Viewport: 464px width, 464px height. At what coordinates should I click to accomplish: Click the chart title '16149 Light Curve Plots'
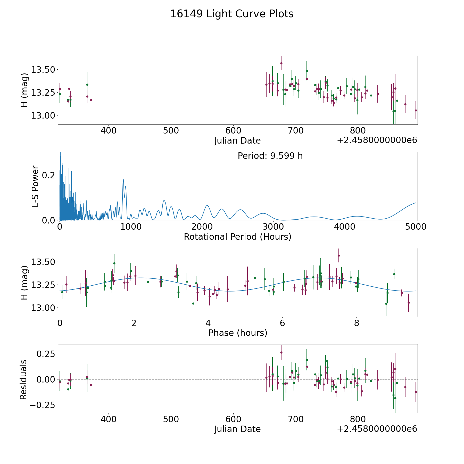coord(232,14)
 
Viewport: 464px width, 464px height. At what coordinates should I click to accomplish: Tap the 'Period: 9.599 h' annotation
coord(270,156)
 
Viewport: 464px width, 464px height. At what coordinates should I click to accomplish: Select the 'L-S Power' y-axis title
coord(35,186)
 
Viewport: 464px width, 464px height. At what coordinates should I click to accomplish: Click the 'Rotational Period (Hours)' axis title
coord(237,237)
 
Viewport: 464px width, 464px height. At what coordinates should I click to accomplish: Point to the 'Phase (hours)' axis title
coord(237,333)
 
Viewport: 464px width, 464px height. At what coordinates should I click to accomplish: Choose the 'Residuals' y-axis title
coord(23,379)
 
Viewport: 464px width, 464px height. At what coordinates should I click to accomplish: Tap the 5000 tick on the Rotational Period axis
coord(416,227)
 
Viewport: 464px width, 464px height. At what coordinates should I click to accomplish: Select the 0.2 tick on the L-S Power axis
coord(48,175)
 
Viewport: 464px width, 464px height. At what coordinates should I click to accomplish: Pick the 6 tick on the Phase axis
coord(282,323)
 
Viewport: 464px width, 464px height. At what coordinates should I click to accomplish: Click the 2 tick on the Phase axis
coord(134,323)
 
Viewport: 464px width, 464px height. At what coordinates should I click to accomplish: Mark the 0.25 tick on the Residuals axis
coord(46,353)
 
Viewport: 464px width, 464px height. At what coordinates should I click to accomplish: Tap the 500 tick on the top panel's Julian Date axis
coord(171,131)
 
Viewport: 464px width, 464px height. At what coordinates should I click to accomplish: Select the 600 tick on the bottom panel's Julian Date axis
coord(233,419)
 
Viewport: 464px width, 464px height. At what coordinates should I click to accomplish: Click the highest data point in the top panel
coord(281,63)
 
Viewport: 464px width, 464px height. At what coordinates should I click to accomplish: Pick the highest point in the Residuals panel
coord(281,352)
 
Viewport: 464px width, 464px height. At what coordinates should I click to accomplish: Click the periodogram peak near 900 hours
coord(123,179)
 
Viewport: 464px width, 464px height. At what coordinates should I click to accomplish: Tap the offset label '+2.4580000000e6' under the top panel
coord(377,140)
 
